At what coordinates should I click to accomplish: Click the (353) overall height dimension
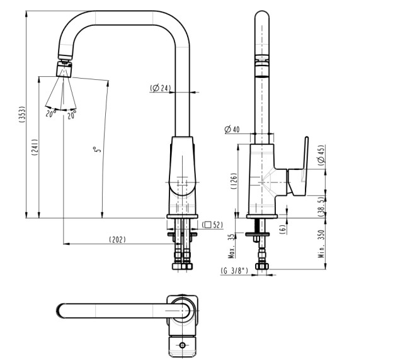[x=21, y=115]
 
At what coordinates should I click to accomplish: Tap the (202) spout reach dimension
[x=117, y=239]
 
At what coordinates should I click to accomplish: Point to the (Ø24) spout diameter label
[x=160, y=88]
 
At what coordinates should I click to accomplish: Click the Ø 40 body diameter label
[x=232, y=130]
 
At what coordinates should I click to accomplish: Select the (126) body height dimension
[x=233, y=182]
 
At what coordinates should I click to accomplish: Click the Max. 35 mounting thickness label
[x=231, y=246]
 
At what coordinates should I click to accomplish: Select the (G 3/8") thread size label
[x=234, y=271]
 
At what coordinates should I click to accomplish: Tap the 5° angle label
[x=97, y=152]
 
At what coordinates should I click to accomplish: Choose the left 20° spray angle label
[x=50, y=114]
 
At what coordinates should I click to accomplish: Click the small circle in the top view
[x=183, y=346]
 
